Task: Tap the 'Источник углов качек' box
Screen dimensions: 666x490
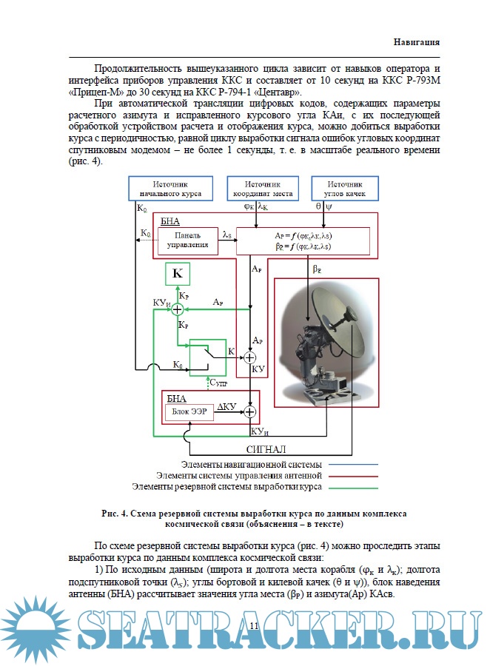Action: coord(346,189)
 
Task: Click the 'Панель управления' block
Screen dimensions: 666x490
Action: coord(187,239)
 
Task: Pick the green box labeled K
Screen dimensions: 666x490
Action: coord(177,274)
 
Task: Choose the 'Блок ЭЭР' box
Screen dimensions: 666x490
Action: coord(189,411)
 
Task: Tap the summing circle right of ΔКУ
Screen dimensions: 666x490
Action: coord(250,411)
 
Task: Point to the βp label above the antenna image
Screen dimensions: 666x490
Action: coord(317,269)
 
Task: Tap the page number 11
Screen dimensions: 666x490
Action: coord(255,628)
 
